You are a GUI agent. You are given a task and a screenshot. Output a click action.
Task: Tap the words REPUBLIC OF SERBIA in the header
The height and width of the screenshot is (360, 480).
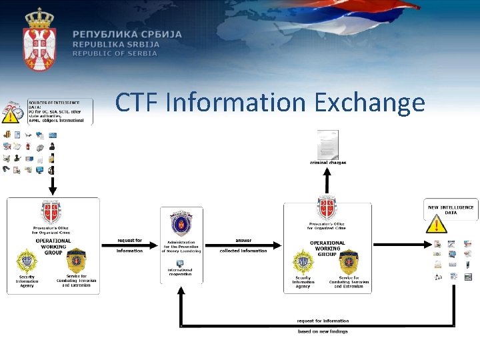pos(115,53)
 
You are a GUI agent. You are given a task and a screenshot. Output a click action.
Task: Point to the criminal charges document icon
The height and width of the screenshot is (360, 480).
pos(327,145)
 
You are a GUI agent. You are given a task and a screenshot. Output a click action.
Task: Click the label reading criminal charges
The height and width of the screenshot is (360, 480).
pos(327,163)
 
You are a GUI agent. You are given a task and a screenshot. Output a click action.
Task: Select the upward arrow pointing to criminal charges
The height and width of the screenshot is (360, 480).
pos(327,181)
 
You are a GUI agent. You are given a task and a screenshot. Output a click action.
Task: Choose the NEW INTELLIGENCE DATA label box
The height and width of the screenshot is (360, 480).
pos(451,209)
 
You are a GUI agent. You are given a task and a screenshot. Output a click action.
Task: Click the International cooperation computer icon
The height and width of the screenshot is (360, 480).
pos(180,263)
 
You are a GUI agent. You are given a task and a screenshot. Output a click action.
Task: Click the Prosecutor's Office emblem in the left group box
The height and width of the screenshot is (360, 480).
pos(52,212)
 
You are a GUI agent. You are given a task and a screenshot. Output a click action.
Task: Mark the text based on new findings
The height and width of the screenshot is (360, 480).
pos(323,331)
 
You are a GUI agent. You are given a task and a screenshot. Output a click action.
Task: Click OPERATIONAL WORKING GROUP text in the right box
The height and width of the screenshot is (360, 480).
pos(327,248)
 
